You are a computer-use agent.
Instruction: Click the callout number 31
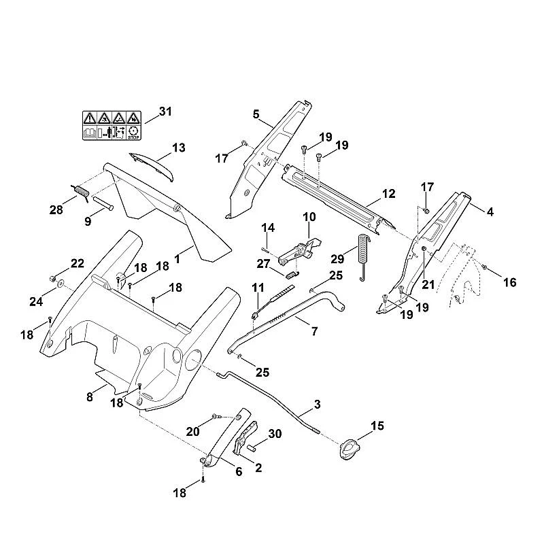tap(165, 112)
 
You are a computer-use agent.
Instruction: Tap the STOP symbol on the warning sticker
tap(133, 133)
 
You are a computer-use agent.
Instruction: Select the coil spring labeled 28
tap(82, 192)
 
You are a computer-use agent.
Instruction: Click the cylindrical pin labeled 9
tap(102, 203)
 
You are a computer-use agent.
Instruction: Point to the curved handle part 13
tap(152, 166)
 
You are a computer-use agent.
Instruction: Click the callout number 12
tap(389, 194)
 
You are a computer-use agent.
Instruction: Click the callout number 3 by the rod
tap(317, 404)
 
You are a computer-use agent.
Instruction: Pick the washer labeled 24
tap(61, 284)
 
